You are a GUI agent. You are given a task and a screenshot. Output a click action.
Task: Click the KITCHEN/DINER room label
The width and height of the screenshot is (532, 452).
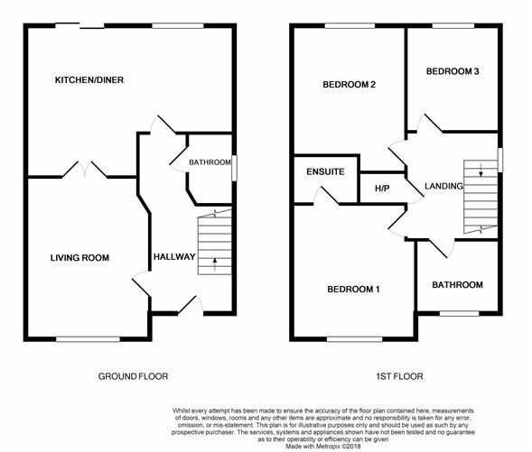pos(89,80)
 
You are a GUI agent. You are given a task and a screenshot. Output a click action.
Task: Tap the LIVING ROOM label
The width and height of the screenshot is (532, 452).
pos(79,258)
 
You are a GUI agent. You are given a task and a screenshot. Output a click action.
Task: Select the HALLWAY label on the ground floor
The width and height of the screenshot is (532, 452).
pos(174,257)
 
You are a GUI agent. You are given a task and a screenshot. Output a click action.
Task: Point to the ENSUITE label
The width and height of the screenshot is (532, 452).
pos(325,171)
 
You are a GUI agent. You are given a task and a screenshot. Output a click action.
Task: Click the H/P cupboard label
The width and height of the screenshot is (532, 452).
pos(382,189)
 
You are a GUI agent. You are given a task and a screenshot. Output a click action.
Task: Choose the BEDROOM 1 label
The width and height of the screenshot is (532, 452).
pos(353,290)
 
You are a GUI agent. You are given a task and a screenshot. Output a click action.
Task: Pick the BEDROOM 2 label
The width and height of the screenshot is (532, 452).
pos(350,85)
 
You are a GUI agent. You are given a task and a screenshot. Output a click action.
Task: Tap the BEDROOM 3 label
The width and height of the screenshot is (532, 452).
pos(453,71)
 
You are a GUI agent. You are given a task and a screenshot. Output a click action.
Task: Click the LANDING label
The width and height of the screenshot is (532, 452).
pos(443,186)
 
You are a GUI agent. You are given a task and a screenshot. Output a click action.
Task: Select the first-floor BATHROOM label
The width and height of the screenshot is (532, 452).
pos(457,285)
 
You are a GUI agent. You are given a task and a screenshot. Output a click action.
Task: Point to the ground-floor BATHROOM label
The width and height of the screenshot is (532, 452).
pos(210,162)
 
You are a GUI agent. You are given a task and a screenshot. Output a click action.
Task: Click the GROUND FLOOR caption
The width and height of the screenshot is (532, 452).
pos(133,376)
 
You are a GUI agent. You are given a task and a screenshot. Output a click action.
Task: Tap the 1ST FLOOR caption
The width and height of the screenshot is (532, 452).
pos(399,376)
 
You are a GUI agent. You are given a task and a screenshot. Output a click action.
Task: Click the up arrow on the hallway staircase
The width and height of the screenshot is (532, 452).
pos(214,264)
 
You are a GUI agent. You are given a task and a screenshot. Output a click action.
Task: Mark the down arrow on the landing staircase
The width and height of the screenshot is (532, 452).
pos(481,171)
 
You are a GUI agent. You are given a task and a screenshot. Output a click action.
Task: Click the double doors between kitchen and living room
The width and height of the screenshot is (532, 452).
pos(85,170)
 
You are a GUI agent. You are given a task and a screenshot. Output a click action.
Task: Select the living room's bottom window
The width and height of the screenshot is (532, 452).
pos(88,339)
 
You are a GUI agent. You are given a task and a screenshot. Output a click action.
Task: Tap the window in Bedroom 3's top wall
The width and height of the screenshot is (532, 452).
pos(453,25)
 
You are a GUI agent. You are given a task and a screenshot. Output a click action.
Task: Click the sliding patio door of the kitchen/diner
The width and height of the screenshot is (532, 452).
pos(79,25)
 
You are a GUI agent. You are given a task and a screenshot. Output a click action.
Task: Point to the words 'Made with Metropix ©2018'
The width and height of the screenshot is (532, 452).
pos(323,447)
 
